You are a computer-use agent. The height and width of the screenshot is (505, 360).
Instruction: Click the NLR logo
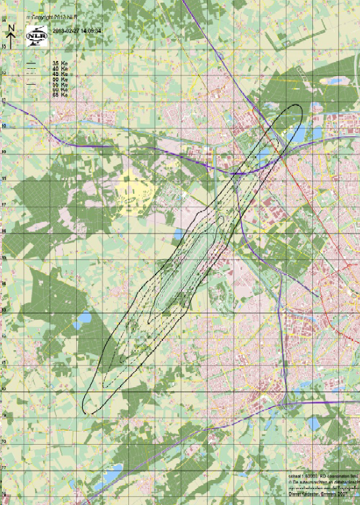35,38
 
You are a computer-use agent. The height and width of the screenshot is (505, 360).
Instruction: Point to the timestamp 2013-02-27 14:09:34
77,30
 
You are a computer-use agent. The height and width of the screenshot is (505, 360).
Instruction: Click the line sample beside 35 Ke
31,63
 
